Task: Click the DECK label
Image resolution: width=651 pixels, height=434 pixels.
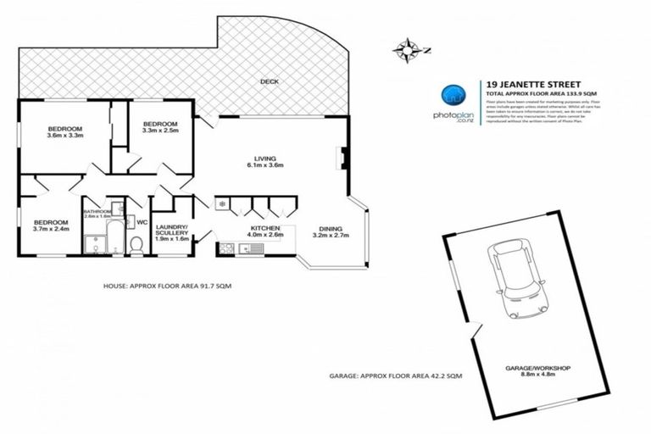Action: click(x=270, y=82)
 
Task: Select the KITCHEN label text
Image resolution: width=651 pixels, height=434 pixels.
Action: click(x=262, y=226)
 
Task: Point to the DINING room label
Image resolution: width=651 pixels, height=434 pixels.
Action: click(x=331, y=228)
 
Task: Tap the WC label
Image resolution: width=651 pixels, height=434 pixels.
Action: click(x=142, y=223)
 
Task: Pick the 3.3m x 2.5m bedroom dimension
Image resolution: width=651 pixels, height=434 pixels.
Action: click(x=160, y=130)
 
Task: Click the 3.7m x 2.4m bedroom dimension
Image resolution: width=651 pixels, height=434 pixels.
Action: click(x=50, y=228)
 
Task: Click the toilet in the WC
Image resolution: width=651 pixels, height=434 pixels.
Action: click(x=136, y=244)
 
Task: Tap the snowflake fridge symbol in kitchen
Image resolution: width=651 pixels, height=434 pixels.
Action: click(x=221, y=203)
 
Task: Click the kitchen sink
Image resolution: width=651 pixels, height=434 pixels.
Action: click(x=251, y=248)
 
